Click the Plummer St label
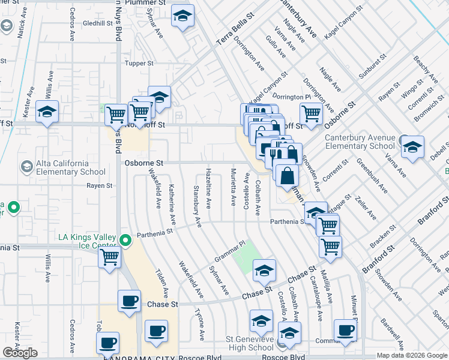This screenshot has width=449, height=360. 143,2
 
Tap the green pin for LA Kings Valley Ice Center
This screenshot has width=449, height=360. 125,241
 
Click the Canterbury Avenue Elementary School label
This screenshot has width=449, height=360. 360,142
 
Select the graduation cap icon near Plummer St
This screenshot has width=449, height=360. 182,16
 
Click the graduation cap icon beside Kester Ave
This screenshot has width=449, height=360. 47,112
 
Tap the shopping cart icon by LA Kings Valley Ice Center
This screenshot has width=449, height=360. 110,257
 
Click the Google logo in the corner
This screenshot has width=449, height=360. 20,353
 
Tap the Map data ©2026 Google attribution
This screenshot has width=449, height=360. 412,355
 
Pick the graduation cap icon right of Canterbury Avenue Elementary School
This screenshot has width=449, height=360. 412,148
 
